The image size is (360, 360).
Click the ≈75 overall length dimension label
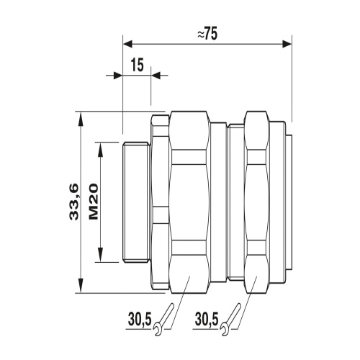(207, 35)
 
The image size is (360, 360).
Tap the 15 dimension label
(138, 65)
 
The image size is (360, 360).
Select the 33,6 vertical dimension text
(74, 202)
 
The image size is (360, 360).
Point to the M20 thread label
(94, 202)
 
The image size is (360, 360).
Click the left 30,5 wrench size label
(140, 320)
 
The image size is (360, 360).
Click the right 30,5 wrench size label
(207, 320)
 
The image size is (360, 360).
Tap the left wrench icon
(163, 320)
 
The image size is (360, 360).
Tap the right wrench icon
(230, 320)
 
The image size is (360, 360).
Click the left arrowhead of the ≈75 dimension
(127, 44)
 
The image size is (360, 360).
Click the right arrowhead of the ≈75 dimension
(287, 44)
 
